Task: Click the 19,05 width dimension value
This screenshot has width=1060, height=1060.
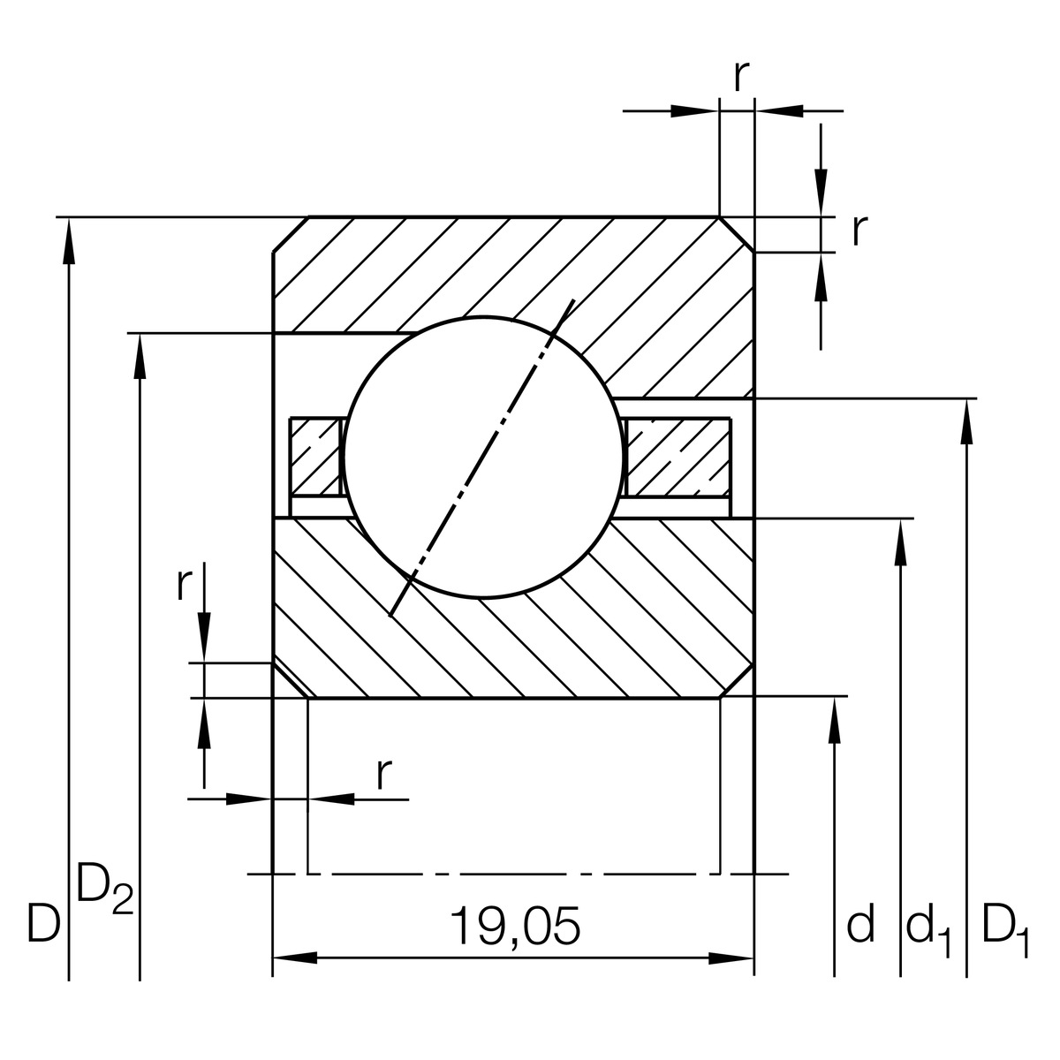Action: click(x=515, y=926)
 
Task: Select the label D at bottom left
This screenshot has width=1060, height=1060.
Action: click(x=43, y=923)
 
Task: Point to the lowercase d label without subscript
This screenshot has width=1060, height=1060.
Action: click(x=860, y=923)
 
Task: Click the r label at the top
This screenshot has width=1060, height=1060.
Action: click(x=742, y=77)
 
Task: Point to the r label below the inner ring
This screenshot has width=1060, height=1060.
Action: click(x=382, y=774)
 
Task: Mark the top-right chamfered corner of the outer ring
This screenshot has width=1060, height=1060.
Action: click(x=737, y=234)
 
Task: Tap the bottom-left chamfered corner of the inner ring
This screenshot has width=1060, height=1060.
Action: click(x=290, y=680)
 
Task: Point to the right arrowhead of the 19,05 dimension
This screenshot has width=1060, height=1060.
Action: click(x=731, y=958)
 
